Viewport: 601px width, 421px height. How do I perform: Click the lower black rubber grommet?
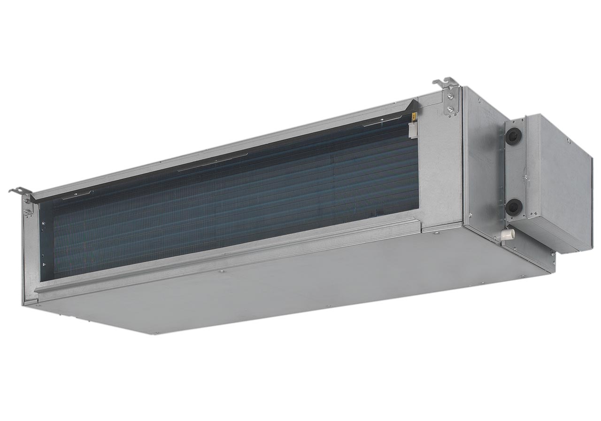pyautogui.click(x=514, y=206)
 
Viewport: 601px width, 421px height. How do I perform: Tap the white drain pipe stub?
pyautogui.click(x=508, y=234)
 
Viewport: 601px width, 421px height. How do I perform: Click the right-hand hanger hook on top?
pyautogui.click(x=446, y=83)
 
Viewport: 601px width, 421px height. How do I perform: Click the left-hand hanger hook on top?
pyautogui.click(x=20, y=191)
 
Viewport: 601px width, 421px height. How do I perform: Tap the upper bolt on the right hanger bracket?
pyautogui.click(x=450, y=97)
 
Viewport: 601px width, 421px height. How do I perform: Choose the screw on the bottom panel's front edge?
pyautogui.click(x=222, y=271)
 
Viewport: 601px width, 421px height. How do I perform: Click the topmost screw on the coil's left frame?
pyautogui.click(x=43, y=223)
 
